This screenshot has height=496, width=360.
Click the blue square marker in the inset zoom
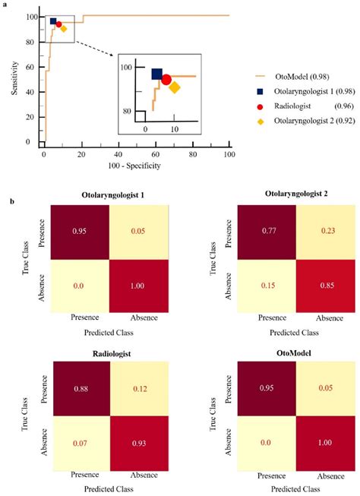[x=157, y=74]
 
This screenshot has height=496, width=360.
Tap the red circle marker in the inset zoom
[x=166, y=79]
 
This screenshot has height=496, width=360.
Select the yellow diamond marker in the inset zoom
[x=174, y=87]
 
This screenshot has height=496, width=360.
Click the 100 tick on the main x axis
[x=229, y=153]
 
